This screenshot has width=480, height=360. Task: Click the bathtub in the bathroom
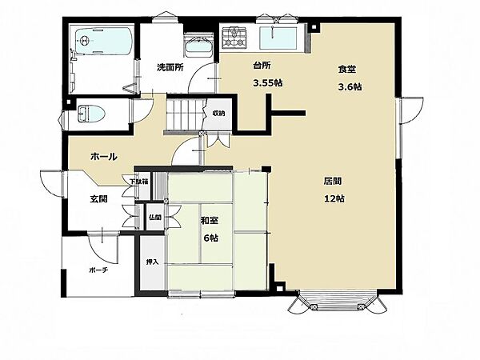pos(103,42)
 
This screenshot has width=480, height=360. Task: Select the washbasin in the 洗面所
pos(198,47)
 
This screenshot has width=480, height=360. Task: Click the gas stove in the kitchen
pos(234,38)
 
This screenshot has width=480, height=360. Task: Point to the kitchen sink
pos(278,38)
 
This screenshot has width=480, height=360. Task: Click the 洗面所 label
pos(170,67)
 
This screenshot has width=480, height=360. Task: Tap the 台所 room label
pos(262,66)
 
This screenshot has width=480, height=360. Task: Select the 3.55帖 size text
pos(268,83)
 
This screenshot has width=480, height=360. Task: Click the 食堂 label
pos(347,69)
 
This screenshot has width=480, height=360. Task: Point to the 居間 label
pos(333,182)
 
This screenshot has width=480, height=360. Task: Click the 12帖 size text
pos(334,198)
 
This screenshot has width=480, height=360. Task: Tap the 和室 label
pos(210,221)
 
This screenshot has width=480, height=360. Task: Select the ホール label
pos(104,157)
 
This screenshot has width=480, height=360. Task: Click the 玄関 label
pos(98,199)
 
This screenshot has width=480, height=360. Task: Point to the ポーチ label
pos(98,270)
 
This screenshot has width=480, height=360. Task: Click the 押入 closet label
pos(152,262)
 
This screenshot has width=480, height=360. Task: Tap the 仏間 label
pos(155,217)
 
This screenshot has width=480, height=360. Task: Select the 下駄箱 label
pos(139,182)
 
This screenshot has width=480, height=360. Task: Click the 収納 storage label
pos(218,114)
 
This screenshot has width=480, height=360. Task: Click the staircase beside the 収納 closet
pos(186,114)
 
